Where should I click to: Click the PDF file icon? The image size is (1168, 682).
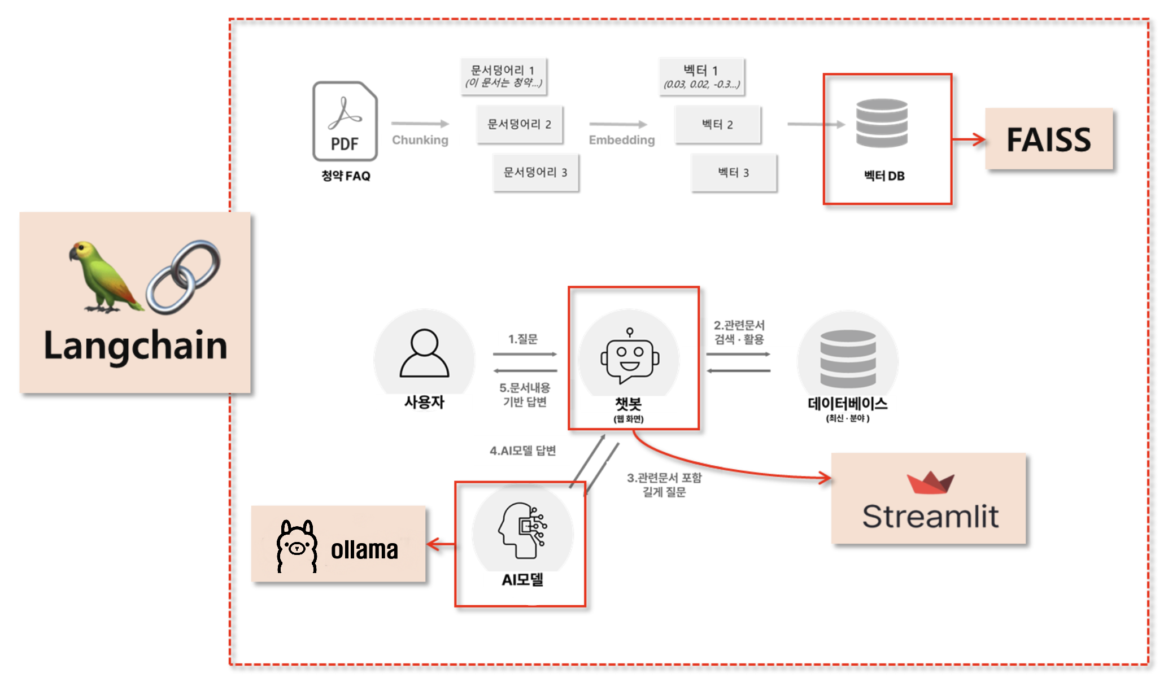click(345, 121)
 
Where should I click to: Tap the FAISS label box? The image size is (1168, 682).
click(1049, 139)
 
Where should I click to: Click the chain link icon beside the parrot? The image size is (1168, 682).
click(182, 277)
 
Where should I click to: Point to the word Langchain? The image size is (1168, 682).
click(136, 346)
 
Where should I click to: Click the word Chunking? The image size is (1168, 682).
click(420, 140)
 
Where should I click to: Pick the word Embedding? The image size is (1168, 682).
click(622, 140)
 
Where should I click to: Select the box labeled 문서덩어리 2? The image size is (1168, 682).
click(519, 124)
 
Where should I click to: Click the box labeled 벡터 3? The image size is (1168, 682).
click(734, 173)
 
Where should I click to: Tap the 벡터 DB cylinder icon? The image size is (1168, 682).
click(882, 123)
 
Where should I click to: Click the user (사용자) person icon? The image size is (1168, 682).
click(424, 353)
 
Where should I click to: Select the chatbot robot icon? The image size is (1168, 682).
click(629, 357)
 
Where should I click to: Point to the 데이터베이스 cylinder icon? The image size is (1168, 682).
click(848, 358)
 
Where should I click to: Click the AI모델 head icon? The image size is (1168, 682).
click(522, 531)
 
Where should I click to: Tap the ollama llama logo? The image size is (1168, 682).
click(297, 545)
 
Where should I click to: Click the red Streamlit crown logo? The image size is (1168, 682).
click(930, 482)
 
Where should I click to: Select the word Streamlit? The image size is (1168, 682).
click(930, 516)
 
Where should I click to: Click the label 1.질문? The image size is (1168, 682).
click(523, 339)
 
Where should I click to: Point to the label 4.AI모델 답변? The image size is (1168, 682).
click(523, 451)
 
